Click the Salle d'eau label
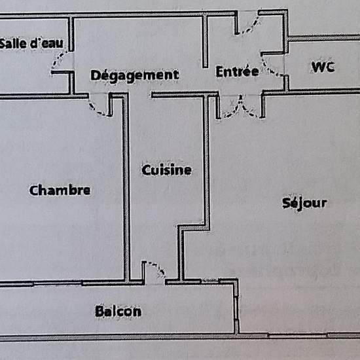[31, 43]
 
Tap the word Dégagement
[135, 75]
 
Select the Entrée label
[238, 71]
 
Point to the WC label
[323, 67]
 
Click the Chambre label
[60, 190]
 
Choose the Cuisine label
[167, 170]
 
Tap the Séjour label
[304, 204]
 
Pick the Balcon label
[118, 311]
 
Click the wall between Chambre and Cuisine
[126, 187]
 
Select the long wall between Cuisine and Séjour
[207, 161]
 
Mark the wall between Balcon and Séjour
[236, 306]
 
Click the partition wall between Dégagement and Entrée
[206, 41]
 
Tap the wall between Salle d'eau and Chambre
[44, 96]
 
